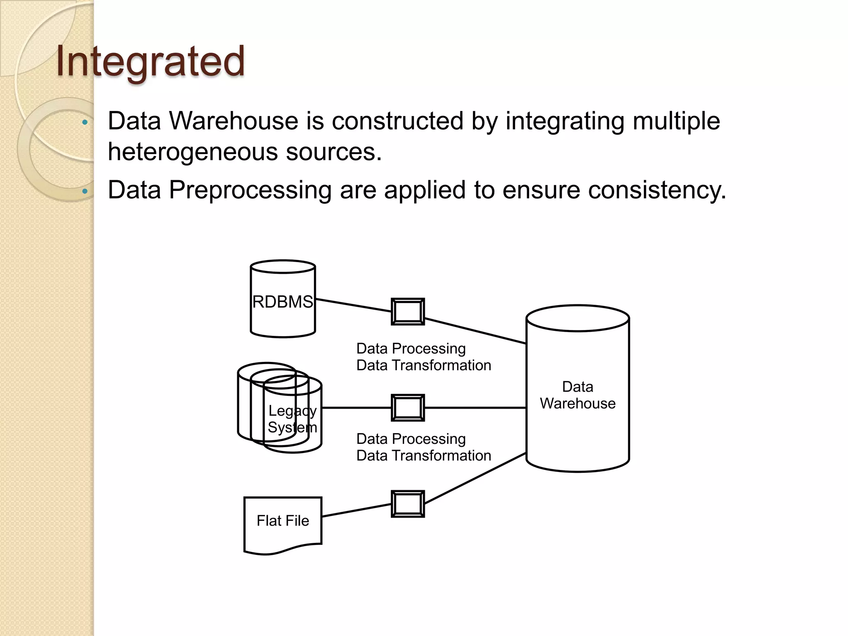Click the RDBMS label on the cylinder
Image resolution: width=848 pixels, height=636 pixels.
[x=283, y=302]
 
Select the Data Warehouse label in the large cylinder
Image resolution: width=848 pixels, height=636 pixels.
[x=578, y=395]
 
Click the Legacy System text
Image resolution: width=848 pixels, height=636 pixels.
[x=292, y=419]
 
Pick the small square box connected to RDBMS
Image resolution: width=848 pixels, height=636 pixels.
[x=408, y=311]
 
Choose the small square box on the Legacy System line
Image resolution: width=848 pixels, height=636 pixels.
[x=408, y=408]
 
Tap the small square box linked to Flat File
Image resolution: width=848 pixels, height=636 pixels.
[x=408, y=504]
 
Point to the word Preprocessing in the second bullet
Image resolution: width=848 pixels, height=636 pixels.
[x=250, y=190]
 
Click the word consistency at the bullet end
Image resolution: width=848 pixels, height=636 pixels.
[x=657, y=190]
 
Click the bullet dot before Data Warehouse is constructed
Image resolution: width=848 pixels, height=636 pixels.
[x=85, y=122]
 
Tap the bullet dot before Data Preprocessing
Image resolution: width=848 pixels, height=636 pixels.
[x=85, y=191]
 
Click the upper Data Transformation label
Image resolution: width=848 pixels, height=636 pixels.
[x=424, y=366]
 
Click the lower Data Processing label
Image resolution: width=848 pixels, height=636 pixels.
[x=411, y=439]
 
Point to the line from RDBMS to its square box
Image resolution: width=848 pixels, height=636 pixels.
[x=353, y=305]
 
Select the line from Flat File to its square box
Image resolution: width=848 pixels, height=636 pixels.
[x=356, y=510]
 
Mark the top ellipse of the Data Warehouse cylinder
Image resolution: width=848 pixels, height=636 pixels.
[x=578, y=318]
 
